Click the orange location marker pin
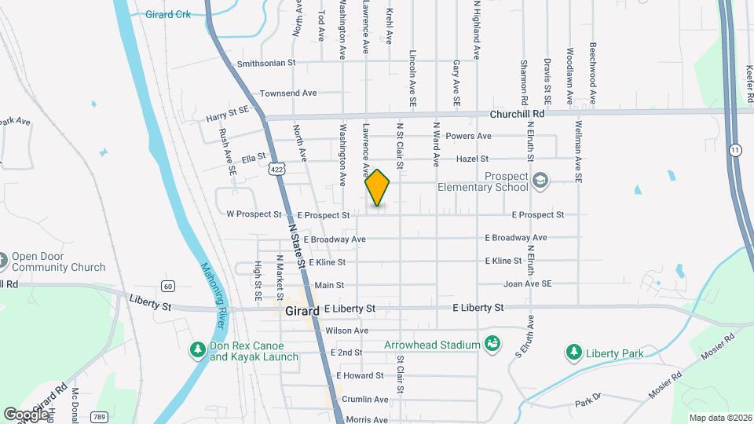(x=378, y=188)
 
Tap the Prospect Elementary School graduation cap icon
(x=540, y=182)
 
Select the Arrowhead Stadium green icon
(x=492, y=344)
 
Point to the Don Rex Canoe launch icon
(x=198, y=350)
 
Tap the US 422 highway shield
(x=275, y=169)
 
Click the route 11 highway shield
(x=735, y=149)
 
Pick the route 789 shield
(x=99, y=415)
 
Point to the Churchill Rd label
(x=517, y=113)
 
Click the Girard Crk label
(x=168, y=14)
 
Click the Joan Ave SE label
(x=528, y=283)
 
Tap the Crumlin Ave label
(x=364, y=399)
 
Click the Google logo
(x=25, y=413)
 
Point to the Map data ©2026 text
(x=719, y=417)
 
